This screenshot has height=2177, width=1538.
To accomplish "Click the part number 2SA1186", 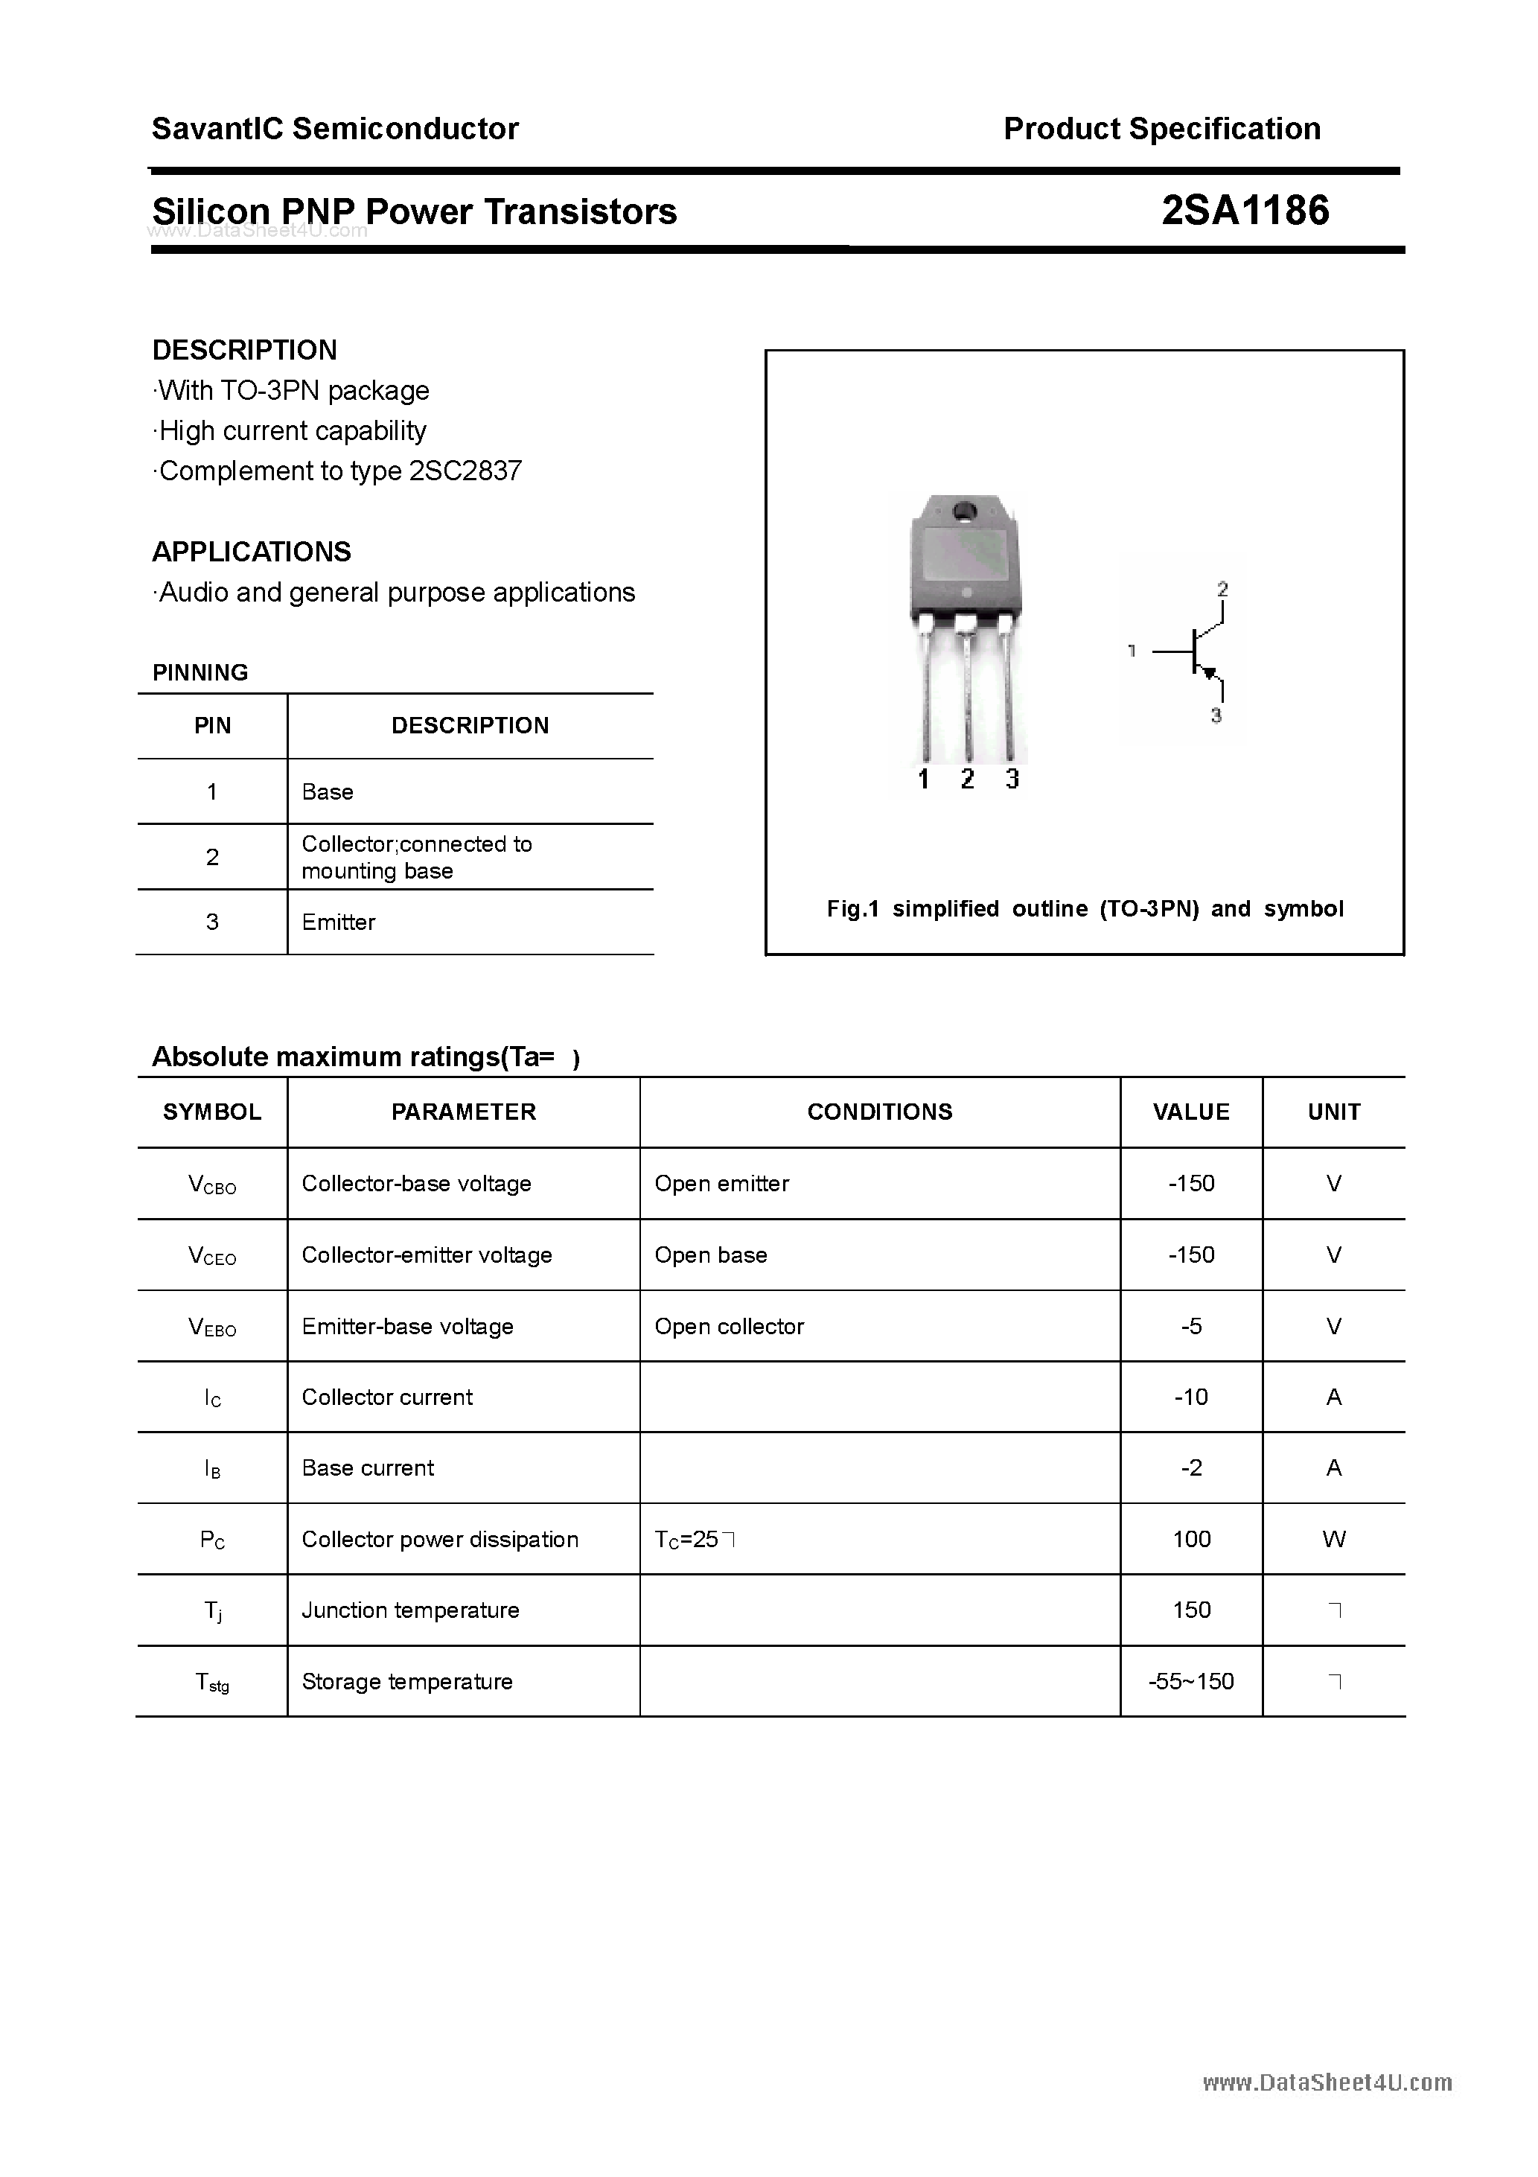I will [x=1244, y=211].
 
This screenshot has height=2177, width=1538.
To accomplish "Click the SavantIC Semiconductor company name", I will [x=335, y=129].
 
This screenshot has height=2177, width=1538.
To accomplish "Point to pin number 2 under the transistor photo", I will [x=967, y=780].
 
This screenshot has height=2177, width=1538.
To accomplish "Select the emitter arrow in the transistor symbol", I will [x=1209, y=672].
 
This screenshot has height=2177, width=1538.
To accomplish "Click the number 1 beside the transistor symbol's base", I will [x=1132, y=651].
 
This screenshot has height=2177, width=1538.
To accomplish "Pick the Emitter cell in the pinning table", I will [x=339, y=922].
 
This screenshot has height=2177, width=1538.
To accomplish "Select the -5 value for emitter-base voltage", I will [x=1191, y=1327].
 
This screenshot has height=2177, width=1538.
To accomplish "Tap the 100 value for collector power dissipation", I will [x=1191, y=1540].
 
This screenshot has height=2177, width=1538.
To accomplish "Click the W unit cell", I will [x=1333, y=1540].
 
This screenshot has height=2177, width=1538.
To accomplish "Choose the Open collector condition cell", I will [x=730, y=1327].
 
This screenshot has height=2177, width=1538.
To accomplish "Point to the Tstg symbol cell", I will [x=212, y=1682].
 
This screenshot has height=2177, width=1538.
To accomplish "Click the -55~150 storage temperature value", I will [x=1191, y=1682].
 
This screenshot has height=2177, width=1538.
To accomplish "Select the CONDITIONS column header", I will [x=879, y=1112].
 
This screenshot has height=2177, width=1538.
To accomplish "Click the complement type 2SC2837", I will [x=465, y=471].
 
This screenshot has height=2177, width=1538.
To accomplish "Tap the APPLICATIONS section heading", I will [x=252, y=552].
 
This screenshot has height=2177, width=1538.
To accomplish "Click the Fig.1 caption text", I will [x=1085, y=909].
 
